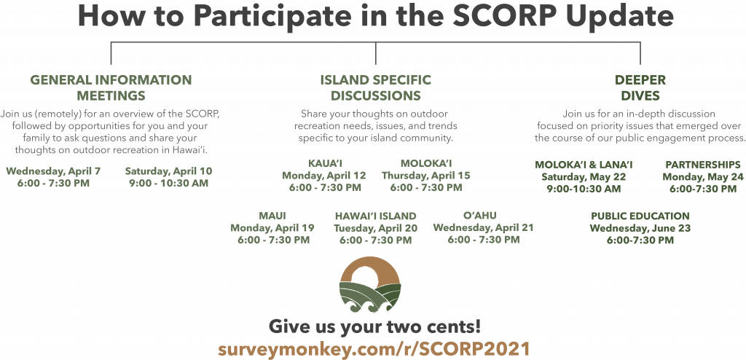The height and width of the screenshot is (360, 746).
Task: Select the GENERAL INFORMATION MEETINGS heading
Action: click(x=111, y=87)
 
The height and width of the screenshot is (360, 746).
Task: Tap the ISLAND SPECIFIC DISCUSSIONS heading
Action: click(x=376, y=87)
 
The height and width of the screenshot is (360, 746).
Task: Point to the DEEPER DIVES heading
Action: click(x=640, y=87)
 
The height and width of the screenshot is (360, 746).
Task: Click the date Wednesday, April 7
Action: click(x=53, y=171)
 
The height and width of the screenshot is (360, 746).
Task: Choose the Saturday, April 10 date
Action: click(x=168, y=171)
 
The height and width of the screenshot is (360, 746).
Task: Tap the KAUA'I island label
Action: click(x=325, y=164)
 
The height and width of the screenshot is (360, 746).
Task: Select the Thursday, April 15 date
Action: click(x=425, y=176)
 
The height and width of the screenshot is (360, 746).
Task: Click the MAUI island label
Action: click(x=272, y=216)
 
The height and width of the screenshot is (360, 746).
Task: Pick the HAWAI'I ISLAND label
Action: click(x=375, y=216)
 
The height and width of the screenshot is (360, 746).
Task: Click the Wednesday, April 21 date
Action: click(x=484, y=227)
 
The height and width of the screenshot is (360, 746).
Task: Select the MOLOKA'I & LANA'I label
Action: click(x=584, y=165)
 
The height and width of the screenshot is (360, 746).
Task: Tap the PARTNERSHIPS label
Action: click(x=703, y=165)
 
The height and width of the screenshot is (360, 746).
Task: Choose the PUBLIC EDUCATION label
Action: click(x=640, y=216)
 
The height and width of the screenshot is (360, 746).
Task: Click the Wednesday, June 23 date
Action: click(x=640, y=228)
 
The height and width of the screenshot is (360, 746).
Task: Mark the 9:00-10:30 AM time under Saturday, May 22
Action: click(x=584, y=189)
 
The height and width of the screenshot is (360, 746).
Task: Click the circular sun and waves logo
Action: click(x=370, y=284)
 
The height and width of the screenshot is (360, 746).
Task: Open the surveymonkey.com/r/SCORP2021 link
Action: click(x=374, y=348)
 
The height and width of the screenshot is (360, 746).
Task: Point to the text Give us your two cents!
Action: click(x=374, y=326)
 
